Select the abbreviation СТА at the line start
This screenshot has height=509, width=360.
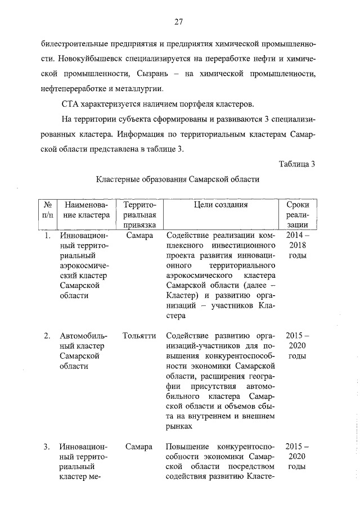[x=71, y=104]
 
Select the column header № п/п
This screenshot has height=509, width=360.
[x=48, y=210]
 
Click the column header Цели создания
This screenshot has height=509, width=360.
[x=220, y=205]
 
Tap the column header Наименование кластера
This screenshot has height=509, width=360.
[x=85, y=210]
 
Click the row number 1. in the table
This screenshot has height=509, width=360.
[x=48, y=236]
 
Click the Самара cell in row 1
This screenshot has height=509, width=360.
[x=139, y=236]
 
